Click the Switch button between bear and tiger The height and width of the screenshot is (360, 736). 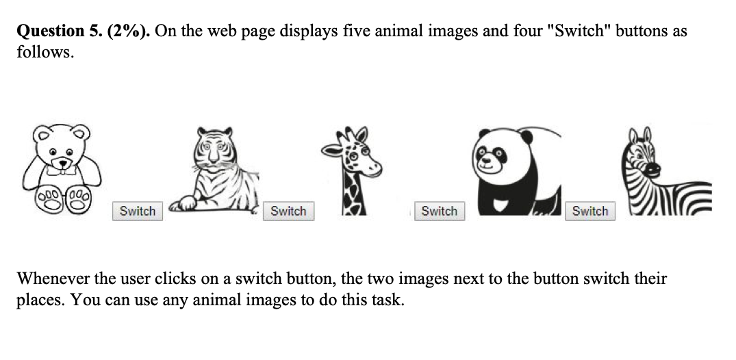(x=138, y=211)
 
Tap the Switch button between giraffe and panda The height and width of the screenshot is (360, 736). (x=439, y=211)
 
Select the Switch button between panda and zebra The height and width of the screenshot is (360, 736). (x=589, y=211)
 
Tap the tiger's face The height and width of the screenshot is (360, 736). (x=214, y=151)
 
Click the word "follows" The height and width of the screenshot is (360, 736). (x=42, y=52)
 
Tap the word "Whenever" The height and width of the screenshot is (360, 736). (x=52, y=279)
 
